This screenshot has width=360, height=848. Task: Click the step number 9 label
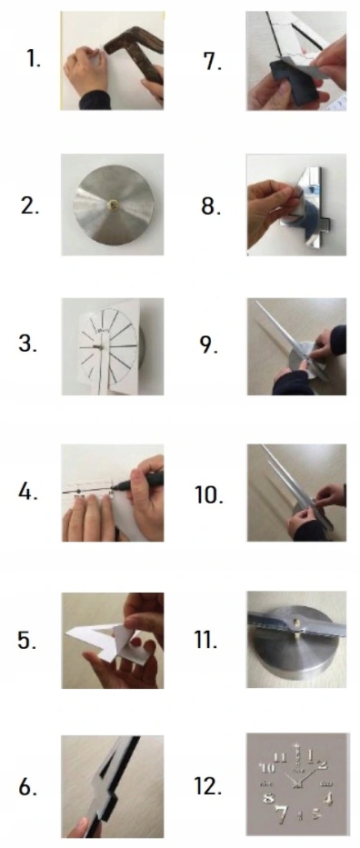[x=210, y=345]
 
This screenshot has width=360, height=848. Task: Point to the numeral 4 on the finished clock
[x=329, y=798]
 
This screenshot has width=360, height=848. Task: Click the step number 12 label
[x=210, y=787]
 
